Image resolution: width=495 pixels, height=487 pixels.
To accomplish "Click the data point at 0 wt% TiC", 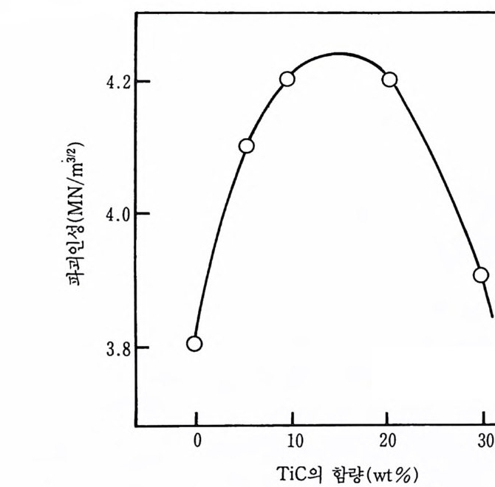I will click(x=194, y=343).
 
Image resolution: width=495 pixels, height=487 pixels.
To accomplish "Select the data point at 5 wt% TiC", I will click(x=247, y=146).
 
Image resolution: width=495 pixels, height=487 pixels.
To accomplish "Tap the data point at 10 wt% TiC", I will click(x=287, y=79).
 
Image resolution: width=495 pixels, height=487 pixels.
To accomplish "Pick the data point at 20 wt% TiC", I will click(x=390, y=79).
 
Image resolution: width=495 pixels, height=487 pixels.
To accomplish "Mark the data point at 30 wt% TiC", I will click(x=481, y=275).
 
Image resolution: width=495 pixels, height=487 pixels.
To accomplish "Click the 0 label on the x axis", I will click(x=197, y=442).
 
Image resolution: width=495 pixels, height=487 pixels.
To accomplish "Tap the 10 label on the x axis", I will click(x=294, y=442).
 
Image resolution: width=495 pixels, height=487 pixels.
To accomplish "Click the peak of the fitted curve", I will click(x=338, y=53).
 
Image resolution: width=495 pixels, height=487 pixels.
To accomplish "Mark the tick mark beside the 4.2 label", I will click(x=140, y=80).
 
